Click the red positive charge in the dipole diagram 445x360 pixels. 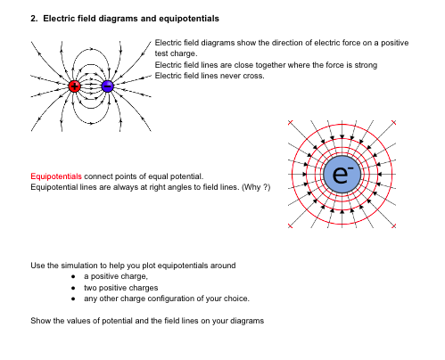[x=75, y=86]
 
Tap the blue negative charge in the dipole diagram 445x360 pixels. [x=107, y=86]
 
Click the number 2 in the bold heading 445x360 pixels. [x=33, y=18]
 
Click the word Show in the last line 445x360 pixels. [x=40, y=321]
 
